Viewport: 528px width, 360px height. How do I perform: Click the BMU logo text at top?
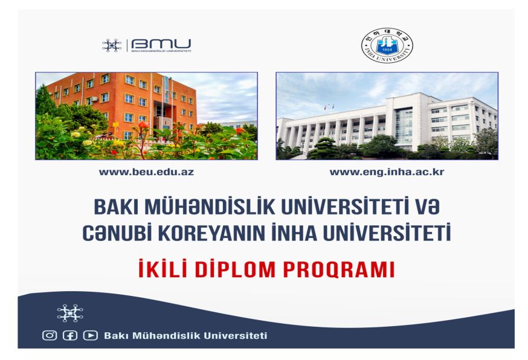tap(161, 44)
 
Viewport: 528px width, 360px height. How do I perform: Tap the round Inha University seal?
tap(387, 46)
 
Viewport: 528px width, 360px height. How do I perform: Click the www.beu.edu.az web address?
tap(146, 172)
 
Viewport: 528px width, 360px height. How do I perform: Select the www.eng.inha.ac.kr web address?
tap(387, 172)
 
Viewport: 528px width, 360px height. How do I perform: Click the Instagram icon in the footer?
tap(50, 336)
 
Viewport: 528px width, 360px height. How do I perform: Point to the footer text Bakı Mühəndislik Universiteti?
tap(185, 336)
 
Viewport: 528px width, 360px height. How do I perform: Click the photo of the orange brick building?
tap(146, 116)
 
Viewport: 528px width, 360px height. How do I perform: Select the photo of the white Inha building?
tap(387, 116)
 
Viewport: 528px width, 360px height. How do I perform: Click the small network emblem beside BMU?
tap(112, 45)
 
